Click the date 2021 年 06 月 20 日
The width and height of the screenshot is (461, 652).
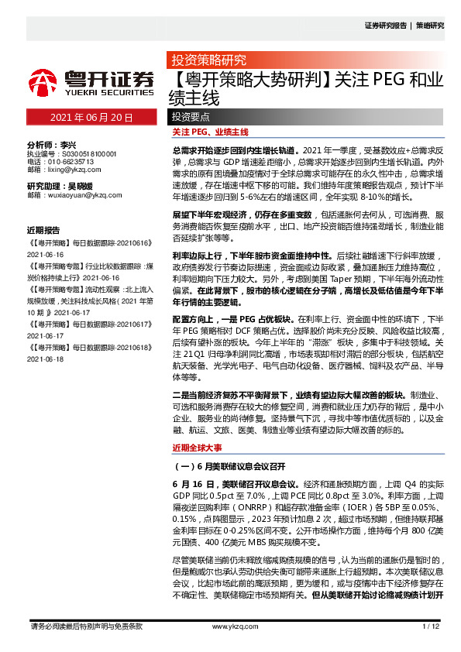click(x=91, y=118)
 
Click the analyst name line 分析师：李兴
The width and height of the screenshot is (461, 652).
click(x=52, y=145)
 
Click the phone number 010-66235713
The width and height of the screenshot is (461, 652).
click(x=71, y=161)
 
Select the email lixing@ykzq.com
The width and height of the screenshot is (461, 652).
click(x=69, y=169)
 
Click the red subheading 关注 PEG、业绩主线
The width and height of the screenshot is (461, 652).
click(x=209, y=133)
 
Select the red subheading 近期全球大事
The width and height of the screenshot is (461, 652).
click(x=196, y=448)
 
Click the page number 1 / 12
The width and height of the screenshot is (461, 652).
click(x=431, y=626)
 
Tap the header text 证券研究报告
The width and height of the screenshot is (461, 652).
click(x=385, y=26)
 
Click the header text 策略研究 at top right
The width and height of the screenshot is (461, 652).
click(x=430, y=26)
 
